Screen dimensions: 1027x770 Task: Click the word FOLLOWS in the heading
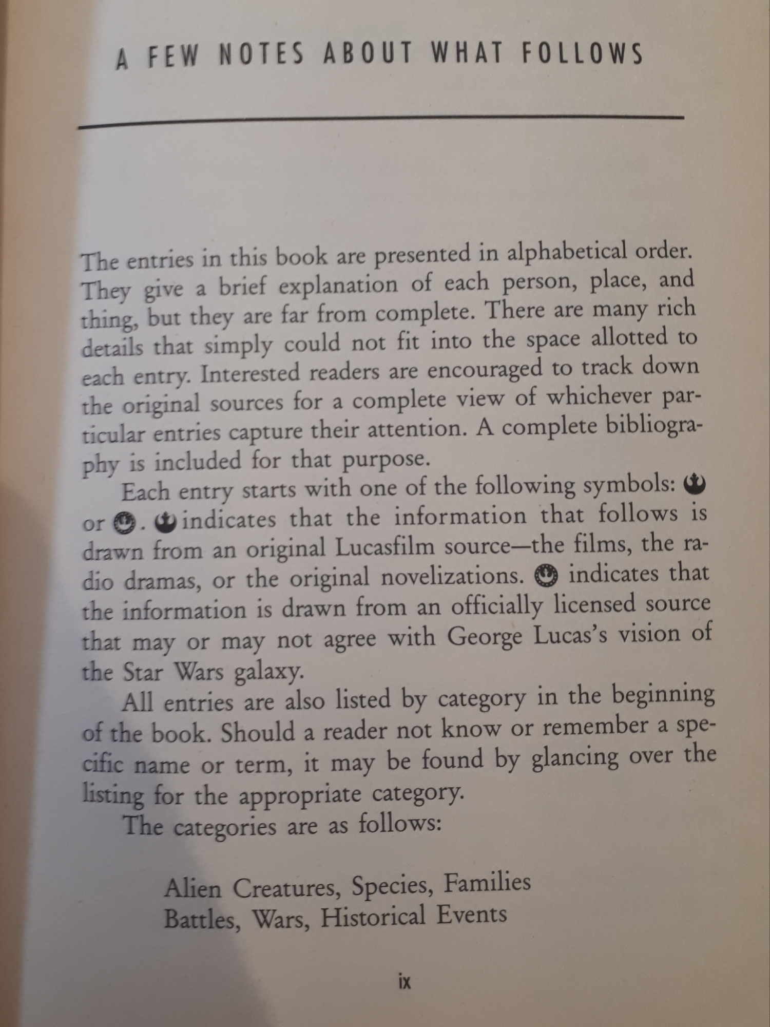[583, 53]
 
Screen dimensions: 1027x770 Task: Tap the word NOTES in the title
[262, 54]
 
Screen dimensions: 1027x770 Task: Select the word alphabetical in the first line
[566, 251]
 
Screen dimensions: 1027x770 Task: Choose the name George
[485, 637]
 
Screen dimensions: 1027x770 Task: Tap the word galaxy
[266, 672]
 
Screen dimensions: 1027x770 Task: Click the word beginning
[663, 695]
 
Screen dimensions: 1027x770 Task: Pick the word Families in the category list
[487, 883]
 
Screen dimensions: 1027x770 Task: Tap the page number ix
[405, 982]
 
